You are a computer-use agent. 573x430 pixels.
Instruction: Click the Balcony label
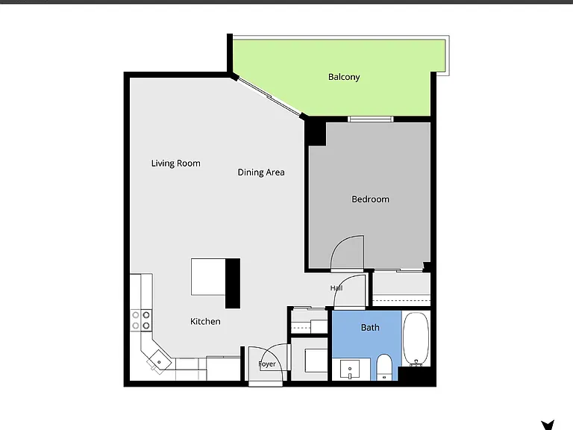344,77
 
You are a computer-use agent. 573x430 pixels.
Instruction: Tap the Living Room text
176,163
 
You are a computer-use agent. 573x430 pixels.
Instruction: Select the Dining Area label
261,172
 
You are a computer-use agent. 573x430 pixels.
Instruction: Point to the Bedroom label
370,199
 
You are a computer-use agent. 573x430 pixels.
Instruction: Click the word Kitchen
205,322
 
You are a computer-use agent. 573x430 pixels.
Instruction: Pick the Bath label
370,327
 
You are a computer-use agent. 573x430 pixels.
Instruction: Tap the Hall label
336,288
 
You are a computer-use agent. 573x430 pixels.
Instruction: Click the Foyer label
267,364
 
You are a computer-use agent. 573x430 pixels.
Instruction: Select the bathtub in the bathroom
416,339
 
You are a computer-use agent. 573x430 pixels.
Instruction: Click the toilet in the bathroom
383,367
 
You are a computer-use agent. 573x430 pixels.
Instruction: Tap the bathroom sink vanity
350,370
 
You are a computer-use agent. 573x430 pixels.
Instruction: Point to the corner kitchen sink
159,362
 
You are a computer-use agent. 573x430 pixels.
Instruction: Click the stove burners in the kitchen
141,320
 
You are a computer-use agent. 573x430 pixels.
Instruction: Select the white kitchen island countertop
208,277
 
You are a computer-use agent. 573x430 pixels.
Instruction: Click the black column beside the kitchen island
233,284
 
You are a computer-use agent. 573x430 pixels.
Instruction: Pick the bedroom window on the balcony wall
371,119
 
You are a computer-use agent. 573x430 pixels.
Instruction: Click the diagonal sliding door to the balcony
269,97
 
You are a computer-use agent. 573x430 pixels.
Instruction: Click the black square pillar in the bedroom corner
316,132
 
